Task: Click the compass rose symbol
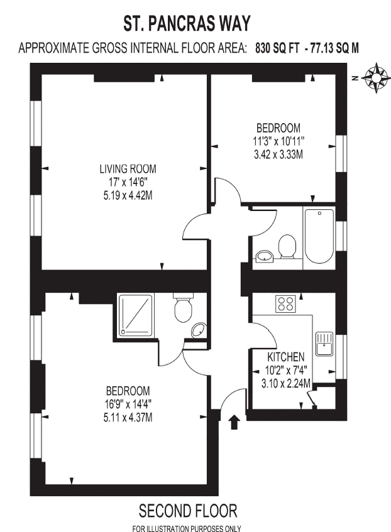tap(375, 78)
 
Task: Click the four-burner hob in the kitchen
tap(285, 303)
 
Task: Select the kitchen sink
tap(325, 344)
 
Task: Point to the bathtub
tap(319, 236)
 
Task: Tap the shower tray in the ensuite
tap(136, 315)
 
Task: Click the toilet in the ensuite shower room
tap(183, 308)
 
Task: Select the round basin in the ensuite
tap(199, 330)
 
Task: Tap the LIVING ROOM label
tap(128, 168)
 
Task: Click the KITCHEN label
tap(285, 357)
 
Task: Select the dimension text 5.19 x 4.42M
tap(128, 195)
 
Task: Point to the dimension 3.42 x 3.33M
tap(278, 155)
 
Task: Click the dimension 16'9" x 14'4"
tap(128, 404)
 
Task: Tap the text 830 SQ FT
tap(277, 48)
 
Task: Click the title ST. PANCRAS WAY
tap(187, 23)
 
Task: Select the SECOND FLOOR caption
tap(188, 511)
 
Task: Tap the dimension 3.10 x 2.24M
tap(285, 383)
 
